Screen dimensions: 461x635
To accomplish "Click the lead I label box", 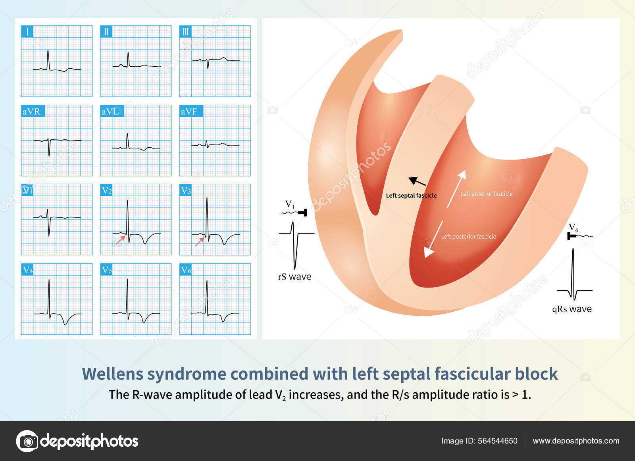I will click(27, 32).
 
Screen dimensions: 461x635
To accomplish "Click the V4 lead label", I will click(27, 270).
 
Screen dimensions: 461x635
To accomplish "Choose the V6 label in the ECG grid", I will click(186, 270).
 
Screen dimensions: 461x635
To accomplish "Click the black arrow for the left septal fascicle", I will click(417, 182).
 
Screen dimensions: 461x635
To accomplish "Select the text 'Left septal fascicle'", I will click(411, 195).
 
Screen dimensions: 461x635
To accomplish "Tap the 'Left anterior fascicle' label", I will click(486, 194).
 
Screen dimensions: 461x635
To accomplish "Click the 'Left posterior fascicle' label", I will click(468, 236).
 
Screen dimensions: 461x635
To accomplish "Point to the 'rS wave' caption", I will click(294, 277).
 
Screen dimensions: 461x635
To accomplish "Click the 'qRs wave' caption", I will click(571, 309).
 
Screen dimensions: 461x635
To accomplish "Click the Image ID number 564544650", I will click(498, 441).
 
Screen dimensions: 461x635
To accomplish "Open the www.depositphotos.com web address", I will click(576, 441).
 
